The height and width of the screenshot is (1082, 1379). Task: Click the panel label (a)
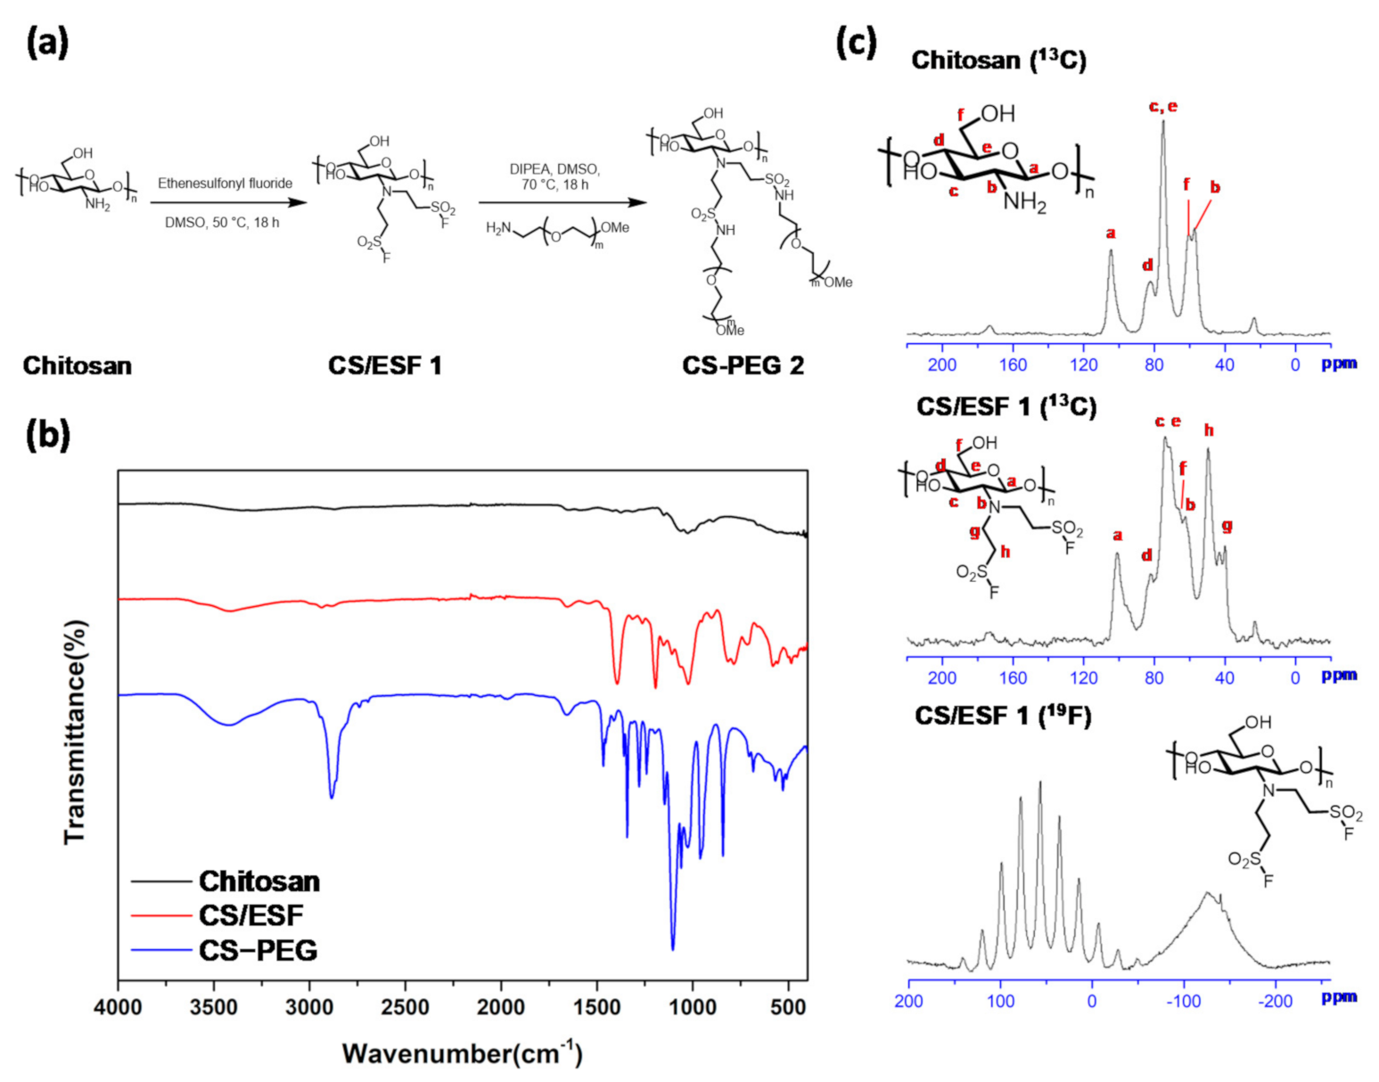47,42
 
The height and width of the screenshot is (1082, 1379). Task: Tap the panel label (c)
856,42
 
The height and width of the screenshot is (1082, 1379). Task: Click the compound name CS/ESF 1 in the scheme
384,365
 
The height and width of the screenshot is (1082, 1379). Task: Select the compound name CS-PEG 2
743,365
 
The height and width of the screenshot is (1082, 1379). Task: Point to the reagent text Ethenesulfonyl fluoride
225,184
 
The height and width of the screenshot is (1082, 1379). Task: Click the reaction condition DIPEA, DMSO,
554,169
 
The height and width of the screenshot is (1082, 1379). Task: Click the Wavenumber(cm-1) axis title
462,1053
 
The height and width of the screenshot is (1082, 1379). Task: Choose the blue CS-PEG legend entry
258,950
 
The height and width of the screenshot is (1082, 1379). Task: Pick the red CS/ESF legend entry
250,915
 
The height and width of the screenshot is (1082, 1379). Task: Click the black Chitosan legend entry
259,881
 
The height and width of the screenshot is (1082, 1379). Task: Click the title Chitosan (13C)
998,61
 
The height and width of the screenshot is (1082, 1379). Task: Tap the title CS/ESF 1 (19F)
1003,716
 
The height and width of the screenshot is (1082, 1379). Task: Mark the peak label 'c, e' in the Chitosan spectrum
1162,107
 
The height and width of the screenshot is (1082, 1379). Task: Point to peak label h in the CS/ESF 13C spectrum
1209,430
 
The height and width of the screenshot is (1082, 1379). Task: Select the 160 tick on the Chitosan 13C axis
1013,365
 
